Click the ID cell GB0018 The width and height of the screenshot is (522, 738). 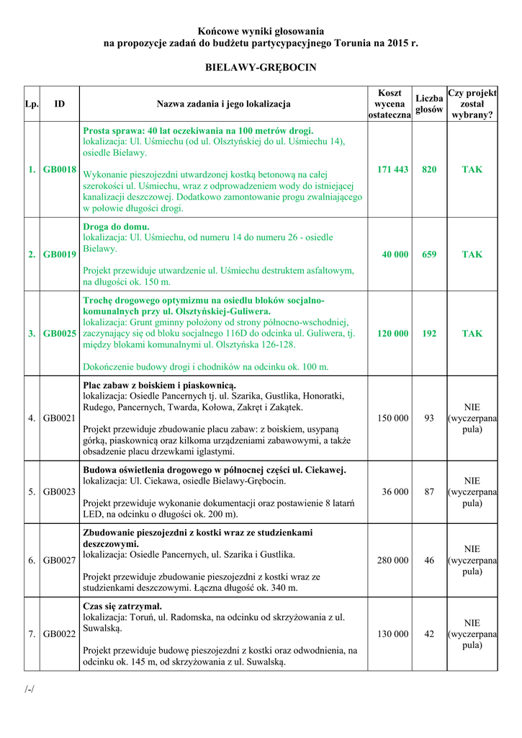click(x=60, y=169)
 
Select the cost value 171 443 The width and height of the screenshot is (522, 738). click(x=392, y=169)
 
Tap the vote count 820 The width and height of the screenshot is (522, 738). click(x=429, y=169)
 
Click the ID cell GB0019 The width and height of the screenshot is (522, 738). click(x=60, y=254)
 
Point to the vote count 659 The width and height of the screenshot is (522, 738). click(x=429, y=254)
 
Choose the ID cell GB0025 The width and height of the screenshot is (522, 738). click(x=60, y=334)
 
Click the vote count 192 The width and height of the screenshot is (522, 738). click(x=429, y=334)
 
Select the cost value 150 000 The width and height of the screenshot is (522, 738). click(x=392, y=418)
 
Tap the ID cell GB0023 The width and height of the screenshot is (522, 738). click(x=60, y=492)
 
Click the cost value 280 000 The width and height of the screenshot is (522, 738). click(x=392, y=560)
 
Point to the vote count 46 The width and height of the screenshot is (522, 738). click(x=429, y=560)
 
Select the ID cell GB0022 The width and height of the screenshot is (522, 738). click(x=60, y=634)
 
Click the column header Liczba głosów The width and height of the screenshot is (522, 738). click(x=429, y=104)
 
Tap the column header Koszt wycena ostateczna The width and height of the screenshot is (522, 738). click(x=390, y=104)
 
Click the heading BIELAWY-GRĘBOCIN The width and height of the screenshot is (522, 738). click(x=261, y=67)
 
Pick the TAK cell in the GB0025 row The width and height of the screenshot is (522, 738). click(x=472, y=334)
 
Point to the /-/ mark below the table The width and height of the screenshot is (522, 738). click(x=30, y=689)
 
